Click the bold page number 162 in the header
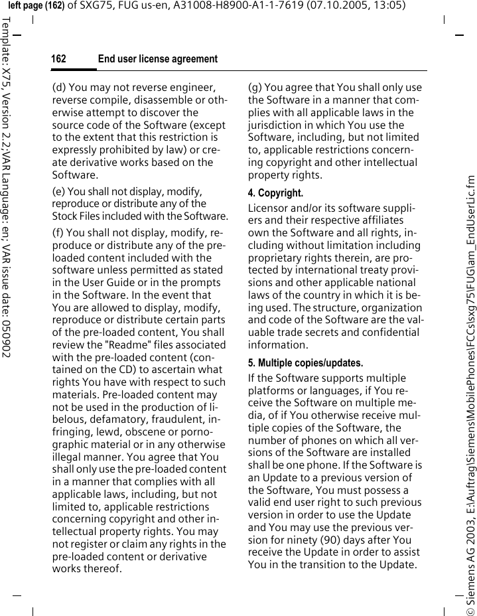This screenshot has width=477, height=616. tap(59, 60)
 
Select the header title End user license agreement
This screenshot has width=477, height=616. tap(157, 60)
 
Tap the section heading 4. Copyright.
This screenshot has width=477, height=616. tap(275, 193)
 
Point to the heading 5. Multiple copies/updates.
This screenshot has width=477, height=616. tap(305, 363)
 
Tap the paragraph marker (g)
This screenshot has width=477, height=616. tap(255, 88)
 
